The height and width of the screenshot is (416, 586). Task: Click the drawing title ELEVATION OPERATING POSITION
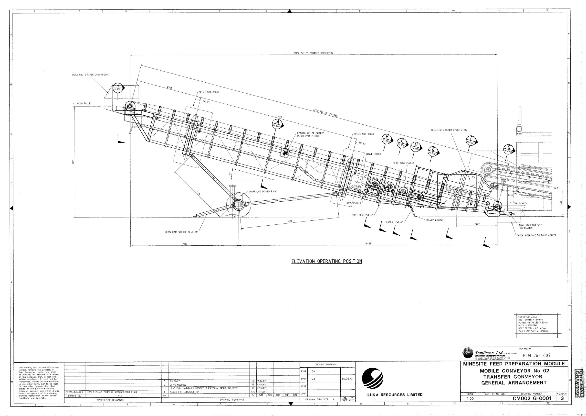[x=327, y=262]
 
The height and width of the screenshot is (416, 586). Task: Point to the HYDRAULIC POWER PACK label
[x=263, y=191]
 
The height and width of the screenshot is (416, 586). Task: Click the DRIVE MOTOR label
[x=373, y=154]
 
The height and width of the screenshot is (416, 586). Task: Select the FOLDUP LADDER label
[x=435, y=220]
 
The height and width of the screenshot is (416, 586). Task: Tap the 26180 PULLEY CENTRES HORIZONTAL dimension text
[x=313, y=53]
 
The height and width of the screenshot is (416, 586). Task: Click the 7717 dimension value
[x=185, y=244]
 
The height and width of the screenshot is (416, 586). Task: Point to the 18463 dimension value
[x=368, y=244]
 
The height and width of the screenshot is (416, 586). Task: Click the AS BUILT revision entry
[x=175, y=381]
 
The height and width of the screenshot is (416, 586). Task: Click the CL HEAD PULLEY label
[x=82, y=104]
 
